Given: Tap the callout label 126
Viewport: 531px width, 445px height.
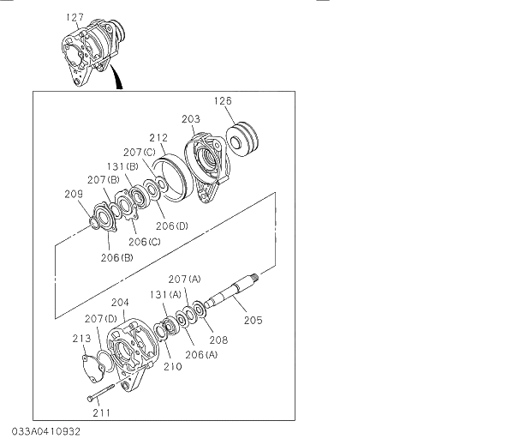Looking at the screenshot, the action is (x=223, y=101).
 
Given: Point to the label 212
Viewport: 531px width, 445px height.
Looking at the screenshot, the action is (x=157, y=136).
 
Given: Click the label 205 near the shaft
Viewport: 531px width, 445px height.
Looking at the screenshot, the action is (x=253, y=321).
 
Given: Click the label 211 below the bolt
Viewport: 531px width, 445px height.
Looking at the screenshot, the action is (x=102, y=412).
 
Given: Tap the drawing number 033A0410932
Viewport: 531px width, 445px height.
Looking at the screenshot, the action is (x=47, y=430).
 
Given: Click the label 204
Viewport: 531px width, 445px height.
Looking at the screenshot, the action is (x=120, y=302).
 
